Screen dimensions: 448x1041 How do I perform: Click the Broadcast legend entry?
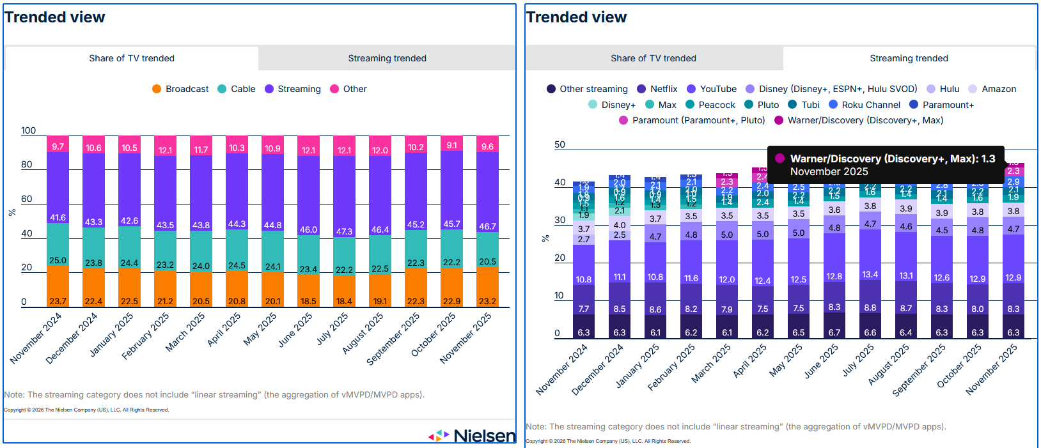(x=180, y=89)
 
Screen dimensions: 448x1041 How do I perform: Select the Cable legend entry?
(x=237, y=89)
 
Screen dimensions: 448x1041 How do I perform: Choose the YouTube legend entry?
(x=712, y=89)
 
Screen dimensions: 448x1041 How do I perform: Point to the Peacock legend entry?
(x=710, y=105)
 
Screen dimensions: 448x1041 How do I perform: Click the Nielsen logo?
(x=473, y=436)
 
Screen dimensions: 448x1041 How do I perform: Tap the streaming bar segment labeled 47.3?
(x=344, y=205)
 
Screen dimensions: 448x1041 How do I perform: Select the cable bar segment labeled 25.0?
(x=58, y=249)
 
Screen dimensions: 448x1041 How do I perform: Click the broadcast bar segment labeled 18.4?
(x=344, y=293)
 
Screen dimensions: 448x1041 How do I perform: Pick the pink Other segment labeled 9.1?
(x=451, y=145)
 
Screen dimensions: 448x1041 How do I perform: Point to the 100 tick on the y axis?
(x=29, y=130)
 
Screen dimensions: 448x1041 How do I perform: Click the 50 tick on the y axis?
(x=560, y=144)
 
